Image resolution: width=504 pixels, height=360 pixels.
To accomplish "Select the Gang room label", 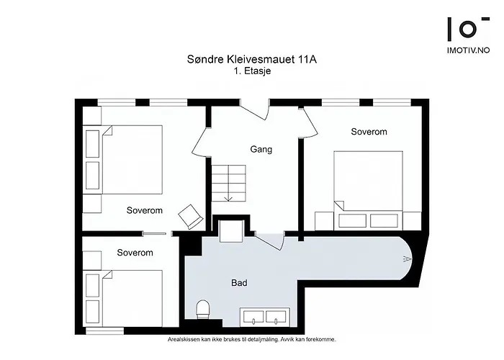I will [260, 150].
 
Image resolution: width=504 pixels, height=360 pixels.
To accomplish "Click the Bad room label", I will [239, 283].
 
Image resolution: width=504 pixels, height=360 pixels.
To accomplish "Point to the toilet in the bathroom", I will [202, 310].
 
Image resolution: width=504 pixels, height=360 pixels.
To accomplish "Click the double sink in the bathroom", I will [264, 317].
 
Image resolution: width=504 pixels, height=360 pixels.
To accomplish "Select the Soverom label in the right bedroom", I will [369, 132].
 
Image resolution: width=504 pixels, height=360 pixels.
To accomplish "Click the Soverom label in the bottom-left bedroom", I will [135, 253].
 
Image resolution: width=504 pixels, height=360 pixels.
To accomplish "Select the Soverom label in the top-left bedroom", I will [145, 211].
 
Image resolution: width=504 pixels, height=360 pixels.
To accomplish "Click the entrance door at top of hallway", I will [253, 112].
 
